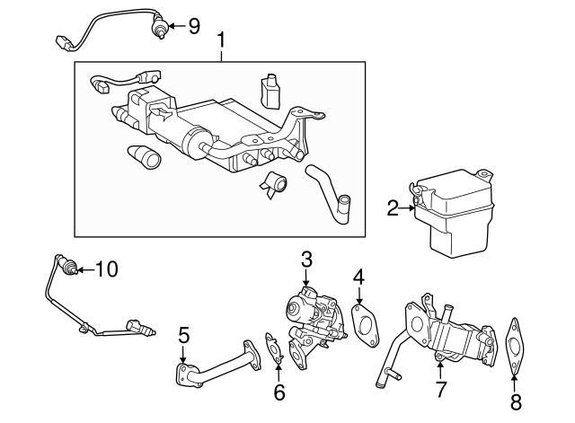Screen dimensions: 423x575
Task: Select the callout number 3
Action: tap(306, 259)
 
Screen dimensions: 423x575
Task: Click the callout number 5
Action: tap(183, 336)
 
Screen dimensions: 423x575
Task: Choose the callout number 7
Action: tap(441, 389)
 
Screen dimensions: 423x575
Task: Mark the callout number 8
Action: tap(515, 401)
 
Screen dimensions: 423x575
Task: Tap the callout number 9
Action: tap(192, 26)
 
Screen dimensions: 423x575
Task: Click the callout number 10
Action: tap(106, 268)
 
